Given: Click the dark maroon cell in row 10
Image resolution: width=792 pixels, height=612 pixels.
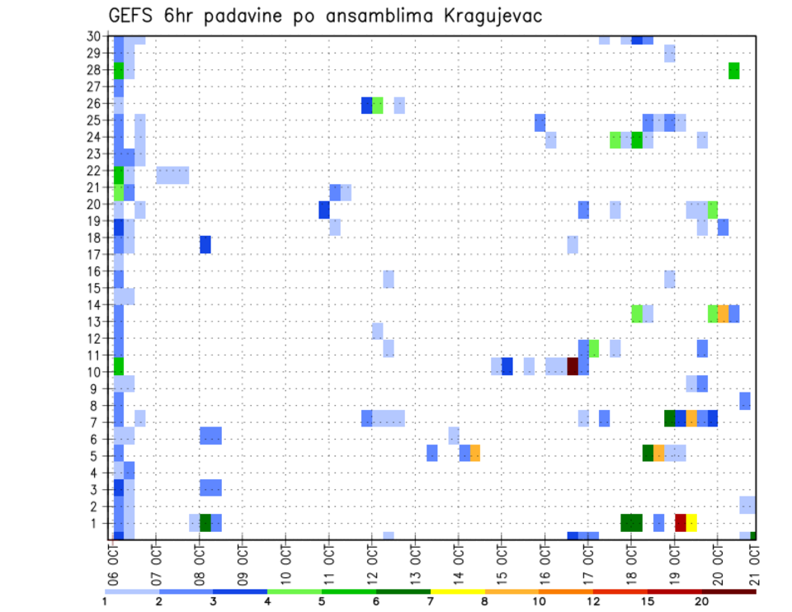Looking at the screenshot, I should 573,365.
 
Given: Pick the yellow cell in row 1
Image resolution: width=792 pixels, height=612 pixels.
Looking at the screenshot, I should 691,522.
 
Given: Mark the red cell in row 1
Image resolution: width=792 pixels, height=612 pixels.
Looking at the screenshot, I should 681,522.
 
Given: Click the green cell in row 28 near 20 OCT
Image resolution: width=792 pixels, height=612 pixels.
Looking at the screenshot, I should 734,71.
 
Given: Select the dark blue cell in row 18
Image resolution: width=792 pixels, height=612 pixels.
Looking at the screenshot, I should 205,245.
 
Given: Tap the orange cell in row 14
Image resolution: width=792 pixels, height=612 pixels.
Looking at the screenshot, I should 724,313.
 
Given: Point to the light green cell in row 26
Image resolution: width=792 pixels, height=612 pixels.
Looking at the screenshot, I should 378,105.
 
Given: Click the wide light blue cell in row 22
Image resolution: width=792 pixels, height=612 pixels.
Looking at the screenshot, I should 172,175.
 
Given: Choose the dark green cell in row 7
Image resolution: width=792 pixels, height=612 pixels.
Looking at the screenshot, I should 670,418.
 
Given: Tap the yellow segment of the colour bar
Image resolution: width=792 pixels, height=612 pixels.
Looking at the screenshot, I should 458,591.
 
